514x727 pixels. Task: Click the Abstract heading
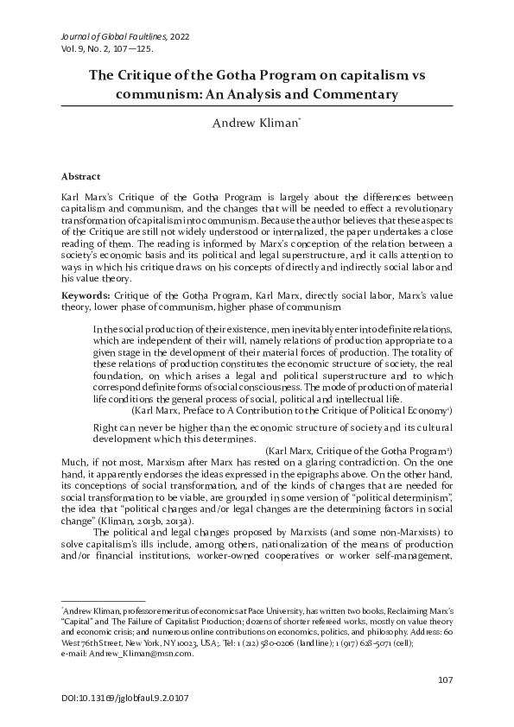[x=80, y=176]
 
